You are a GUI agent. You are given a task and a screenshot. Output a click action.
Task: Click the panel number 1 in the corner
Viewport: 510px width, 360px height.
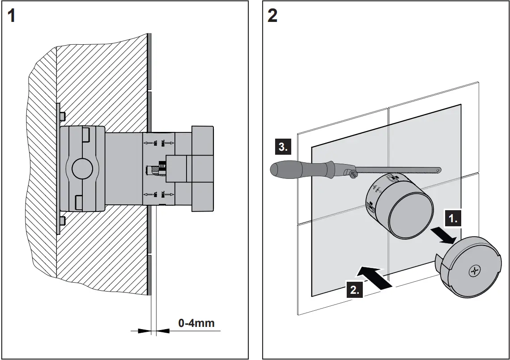pyautogui.click(x=12, y=16)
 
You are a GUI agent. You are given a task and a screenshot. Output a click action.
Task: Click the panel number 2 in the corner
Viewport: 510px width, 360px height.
pyautogui.click(x=272, y=16)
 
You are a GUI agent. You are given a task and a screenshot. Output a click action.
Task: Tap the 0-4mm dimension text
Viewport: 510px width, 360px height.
pyautogui.click(x=196, y=323)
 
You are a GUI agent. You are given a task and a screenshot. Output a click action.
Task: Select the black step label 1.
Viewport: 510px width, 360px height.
pyautogui.click(x=453, y=219)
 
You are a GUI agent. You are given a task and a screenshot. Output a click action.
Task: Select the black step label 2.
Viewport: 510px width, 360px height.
pyautogui.click(x=354, y=290)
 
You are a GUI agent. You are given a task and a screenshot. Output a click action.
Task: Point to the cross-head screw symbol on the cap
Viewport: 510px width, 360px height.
pyautogui.click(x=474, y=271)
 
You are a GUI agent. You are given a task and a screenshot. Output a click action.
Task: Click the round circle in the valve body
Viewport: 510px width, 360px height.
pyautogui.click(x=82, y=169)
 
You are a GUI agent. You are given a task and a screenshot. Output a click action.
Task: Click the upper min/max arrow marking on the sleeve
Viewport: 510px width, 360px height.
pyautogui.click(x=159, y=143)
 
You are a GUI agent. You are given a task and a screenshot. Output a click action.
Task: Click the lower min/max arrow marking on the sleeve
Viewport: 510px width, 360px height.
pyautogui.click(x=159, y=194)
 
